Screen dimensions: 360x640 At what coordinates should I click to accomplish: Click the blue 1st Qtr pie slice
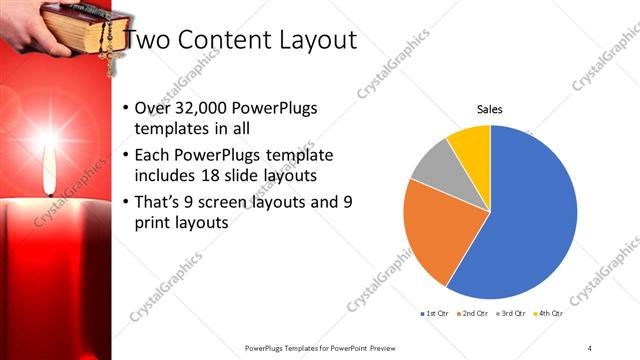click(x=530, y=210)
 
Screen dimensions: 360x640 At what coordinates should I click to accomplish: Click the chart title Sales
click(x=489, y=109)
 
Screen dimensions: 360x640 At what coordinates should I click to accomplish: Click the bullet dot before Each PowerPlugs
click(x=125, y=156)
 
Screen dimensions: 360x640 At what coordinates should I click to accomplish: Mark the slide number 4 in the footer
click(x=590, y=347)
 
